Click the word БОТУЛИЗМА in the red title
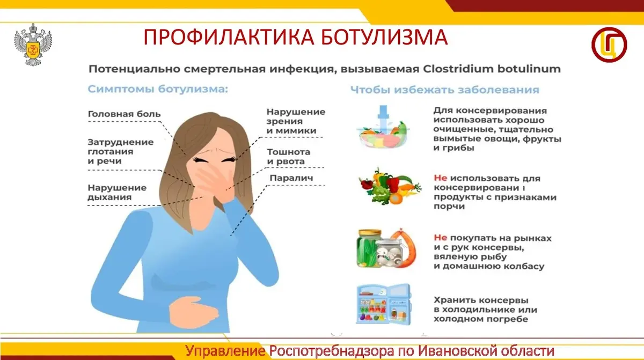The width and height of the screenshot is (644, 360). tap(384, 37)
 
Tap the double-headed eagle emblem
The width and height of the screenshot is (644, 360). tap(33, 45)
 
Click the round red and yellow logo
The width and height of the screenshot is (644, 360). tap(609, 45)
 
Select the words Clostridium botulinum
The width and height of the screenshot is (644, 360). tap(492, 69)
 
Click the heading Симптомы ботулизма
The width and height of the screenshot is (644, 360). tap(158, 89)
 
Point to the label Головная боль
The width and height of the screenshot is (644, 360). tap(124, 114)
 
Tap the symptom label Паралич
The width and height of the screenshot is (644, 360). tap(291, 178)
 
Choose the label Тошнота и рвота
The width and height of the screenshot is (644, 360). tap(289, 157)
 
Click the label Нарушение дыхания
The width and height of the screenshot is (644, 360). tap(117, 192)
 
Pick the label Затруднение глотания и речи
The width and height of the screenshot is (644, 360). tap(120, 151)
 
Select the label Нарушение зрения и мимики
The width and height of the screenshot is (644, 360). tap(296, 121)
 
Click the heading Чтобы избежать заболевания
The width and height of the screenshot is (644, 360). tap(445, 90)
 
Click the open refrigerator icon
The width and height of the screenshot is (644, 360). tap(384, 304)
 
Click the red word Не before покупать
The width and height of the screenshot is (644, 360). tap(441, 238)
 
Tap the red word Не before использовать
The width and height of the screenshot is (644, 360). tap(441, 178)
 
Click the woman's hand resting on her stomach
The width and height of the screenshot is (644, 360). tap(193, 314)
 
